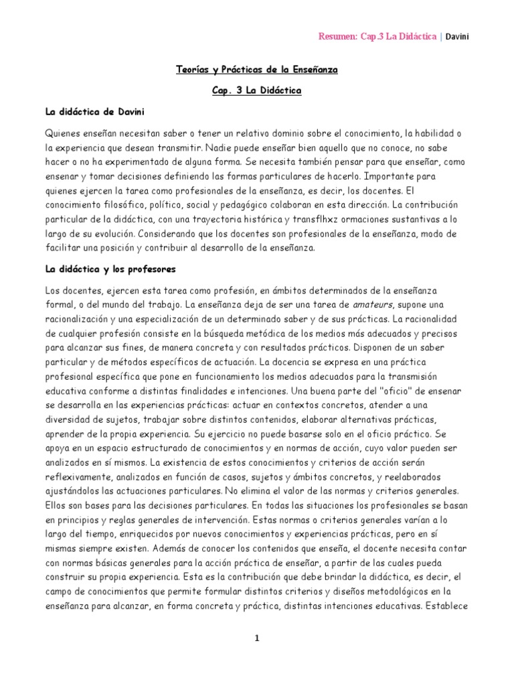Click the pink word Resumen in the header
point(337,36)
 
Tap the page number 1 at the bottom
point(256,638)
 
